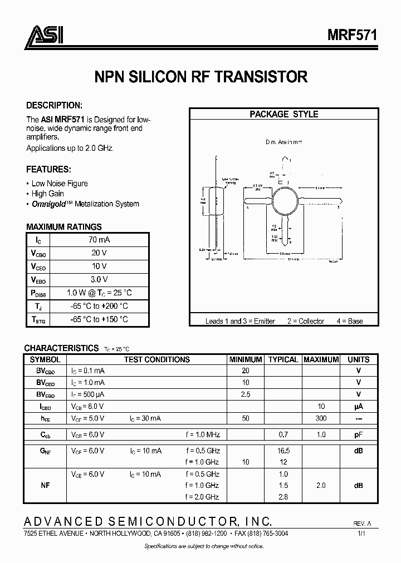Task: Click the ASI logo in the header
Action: [x=44, y=36]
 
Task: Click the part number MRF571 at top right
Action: [x=351, y=34]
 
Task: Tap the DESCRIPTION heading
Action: [x=55, y=105]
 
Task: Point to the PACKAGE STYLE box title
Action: [x=283, y=114]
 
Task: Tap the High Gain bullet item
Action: [x=47, y=194]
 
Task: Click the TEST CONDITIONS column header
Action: [x=157, y=359]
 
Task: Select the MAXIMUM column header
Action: [x=321, y=359]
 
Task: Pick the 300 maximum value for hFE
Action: [x=321, y=418]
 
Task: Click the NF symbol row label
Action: [x=45, y=486]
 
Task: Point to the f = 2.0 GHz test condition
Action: [x=202, y=497]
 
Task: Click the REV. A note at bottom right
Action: [x=363, y=524]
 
